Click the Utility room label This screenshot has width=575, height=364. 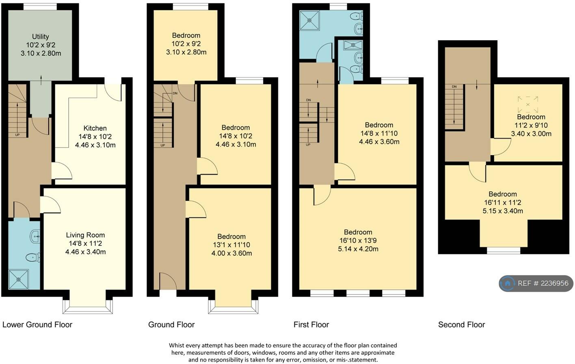41,37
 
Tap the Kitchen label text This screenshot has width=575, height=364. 95,128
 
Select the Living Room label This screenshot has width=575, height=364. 86,235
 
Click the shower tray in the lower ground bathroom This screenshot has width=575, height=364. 19,279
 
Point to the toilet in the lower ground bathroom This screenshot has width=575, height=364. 33,257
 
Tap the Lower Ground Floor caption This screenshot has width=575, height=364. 37,325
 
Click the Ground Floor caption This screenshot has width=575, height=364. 171,325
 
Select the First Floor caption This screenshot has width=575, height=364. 311,325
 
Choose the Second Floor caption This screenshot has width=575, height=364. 462,325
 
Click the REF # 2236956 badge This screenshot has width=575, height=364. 536,283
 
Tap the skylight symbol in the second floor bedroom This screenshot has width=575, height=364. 528,104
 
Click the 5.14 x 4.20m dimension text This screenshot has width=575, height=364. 358,249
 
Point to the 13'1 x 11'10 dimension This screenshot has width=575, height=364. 231,245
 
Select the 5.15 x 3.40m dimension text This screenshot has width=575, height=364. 503,211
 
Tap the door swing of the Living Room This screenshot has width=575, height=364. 50,205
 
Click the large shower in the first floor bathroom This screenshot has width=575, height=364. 309,20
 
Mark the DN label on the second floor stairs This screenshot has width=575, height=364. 454,87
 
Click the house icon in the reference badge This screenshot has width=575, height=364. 508,283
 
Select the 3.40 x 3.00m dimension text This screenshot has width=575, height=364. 531,134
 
